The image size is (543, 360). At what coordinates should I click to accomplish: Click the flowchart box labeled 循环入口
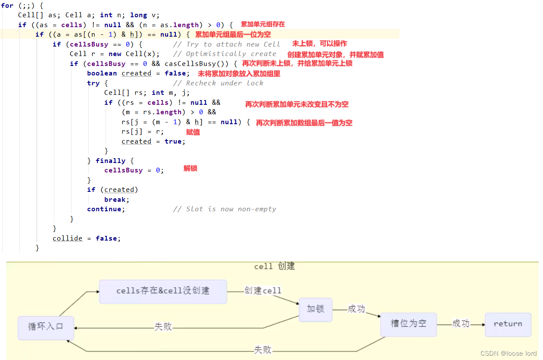[x=46, y=327]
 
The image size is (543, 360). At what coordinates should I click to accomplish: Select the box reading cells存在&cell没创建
[x=163, y=291]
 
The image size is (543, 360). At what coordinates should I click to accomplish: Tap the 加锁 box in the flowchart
[x=315, y=309]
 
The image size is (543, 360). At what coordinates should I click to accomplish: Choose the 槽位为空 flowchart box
[x=408, y=324]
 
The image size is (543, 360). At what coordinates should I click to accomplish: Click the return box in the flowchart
[x=508, y=324]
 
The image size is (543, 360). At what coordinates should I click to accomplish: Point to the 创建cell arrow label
[x=262, y=291]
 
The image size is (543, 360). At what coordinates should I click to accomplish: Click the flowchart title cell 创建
[x=274, y=266]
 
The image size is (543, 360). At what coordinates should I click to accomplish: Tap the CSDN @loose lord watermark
[x=508, y=354]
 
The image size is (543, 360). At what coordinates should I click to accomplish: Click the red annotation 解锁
[x=190, y=169]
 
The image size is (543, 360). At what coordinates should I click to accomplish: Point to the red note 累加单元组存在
[x=262, y=25]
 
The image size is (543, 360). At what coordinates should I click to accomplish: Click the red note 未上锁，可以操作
[x=319, y=44]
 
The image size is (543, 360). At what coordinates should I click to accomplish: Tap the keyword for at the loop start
[x=7, y=6]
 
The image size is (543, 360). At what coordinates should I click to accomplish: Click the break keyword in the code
[x=116, y=200]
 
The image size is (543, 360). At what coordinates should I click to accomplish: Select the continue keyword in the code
[x=106, y=209]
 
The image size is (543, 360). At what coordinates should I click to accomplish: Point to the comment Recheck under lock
[x=225, y=83]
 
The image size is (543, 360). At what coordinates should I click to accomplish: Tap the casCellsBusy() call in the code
[x=190, y=64]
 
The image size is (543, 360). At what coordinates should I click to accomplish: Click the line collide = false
[x=87, y=238]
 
